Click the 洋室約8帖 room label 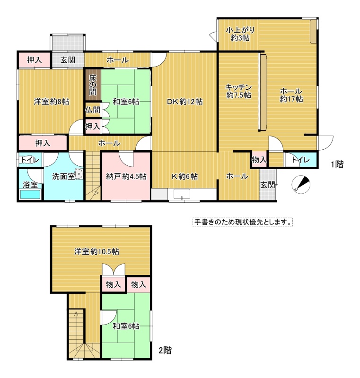click(x=52, y=102)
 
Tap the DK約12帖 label click(x=185, y=102)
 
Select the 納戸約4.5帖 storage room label click(x=126, y=176)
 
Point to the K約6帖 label click(x=184, y=176)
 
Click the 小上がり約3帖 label click(x=240, y=34)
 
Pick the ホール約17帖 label click(x=291, y=95)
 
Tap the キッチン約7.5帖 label click(x=238, y=91)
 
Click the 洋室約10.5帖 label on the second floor click(x=97, y=252)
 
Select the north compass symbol click(x=301, y=185)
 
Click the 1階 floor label click(x=337, y=164)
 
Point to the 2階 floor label click(x=165, y=350)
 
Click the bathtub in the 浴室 click(x=30, y=195)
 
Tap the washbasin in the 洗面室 click(x=79, y=174)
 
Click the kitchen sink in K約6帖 click(x=182, y=194)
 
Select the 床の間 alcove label click(x=93, y=85)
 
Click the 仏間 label click(x=93, y=110)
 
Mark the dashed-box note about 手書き click(x=243, y=222)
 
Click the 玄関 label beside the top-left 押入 click(x=68, y=60)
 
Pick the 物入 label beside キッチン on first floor click(x=259, y=160)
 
